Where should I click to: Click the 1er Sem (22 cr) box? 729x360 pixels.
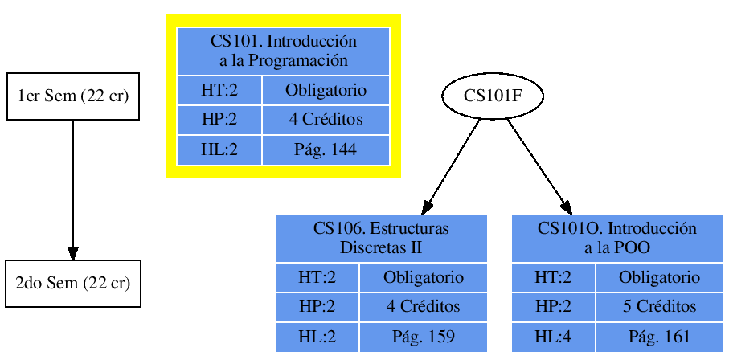pyautogui.click(x=73, y=97)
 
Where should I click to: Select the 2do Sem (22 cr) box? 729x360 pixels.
pyautogui.click(x=73, y=284)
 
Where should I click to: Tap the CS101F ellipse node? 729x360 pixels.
pyautogui.click(x=493, y=96)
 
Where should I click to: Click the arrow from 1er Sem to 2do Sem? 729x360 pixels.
pyautogui.click(x=73, y=190)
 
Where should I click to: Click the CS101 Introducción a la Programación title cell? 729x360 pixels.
pyautogui.click(x=283, y=51)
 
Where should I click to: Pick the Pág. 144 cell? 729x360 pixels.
pyautogui.click(x=326, y=149)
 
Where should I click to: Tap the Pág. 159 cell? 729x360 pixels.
pyautogui.click(x=423, y=337)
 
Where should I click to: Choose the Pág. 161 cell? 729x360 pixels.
pyautogui.click(x=659, y=337)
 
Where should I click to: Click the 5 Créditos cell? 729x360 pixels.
pyautogui.click(x=659, y=306)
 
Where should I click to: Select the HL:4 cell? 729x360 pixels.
pyautogui.click(x=553, y=337)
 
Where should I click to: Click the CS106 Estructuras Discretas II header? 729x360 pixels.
pyautogui.click(x=381, y=238)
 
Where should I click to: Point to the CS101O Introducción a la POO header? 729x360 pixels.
pyautogui.click(x=617, y=238)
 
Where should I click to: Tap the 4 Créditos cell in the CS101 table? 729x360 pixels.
pyautogui.click(x=326, y=120)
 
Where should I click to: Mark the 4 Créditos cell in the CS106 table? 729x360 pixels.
pyautogui.click(x=423, y=306)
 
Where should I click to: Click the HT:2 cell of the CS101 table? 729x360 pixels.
pyautogui.click(x=219, y=90)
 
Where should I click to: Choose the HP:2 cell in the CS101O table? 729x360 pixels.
pyautogui.click(x=553, y=306)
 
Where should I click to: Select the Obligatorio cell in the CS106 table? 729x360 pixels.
pyautogui.click(x=423, y=278)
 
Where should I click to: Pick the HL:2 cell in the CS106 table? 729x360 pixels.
pyautogui.click(x=317, y=337)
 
